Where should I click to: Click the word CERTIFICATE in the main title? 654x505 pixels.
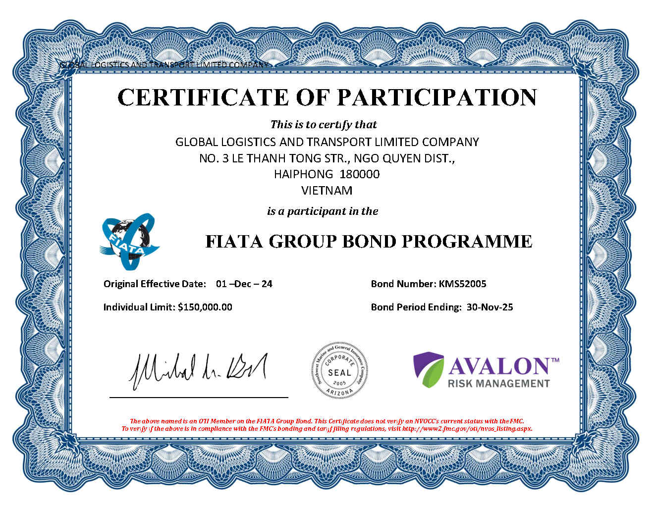tap(203, 97)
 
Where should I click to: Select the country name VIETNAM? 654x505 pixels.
tap(327, 191)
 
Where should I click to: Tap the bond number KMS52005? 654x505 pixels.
tap(462, 284)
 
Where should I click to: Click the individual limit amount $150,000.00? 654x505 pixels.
tap(205, 307)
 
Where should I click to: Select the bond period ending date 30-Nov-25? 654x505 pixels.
tap(490, 307)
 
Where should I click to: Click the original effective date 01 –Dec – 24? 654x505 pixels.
tap(244, 284)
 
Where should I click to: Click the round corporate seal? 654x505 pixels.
tap(339, 370)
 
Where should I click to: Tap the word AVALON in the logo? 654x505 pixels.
tap(499, 366)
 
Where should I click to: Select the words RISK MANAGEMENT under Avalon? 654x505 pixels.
tap(499, 383)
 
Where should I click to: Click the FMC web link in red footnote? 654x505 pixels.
tap(467, 429)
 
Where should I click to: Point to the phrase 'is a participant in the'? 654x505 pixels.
tap(323, 211)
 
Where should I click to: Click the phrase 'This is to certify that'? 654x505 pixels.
tap(323, 124)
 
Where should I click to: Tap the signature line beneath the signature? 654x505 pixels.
tap(198, 397)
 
